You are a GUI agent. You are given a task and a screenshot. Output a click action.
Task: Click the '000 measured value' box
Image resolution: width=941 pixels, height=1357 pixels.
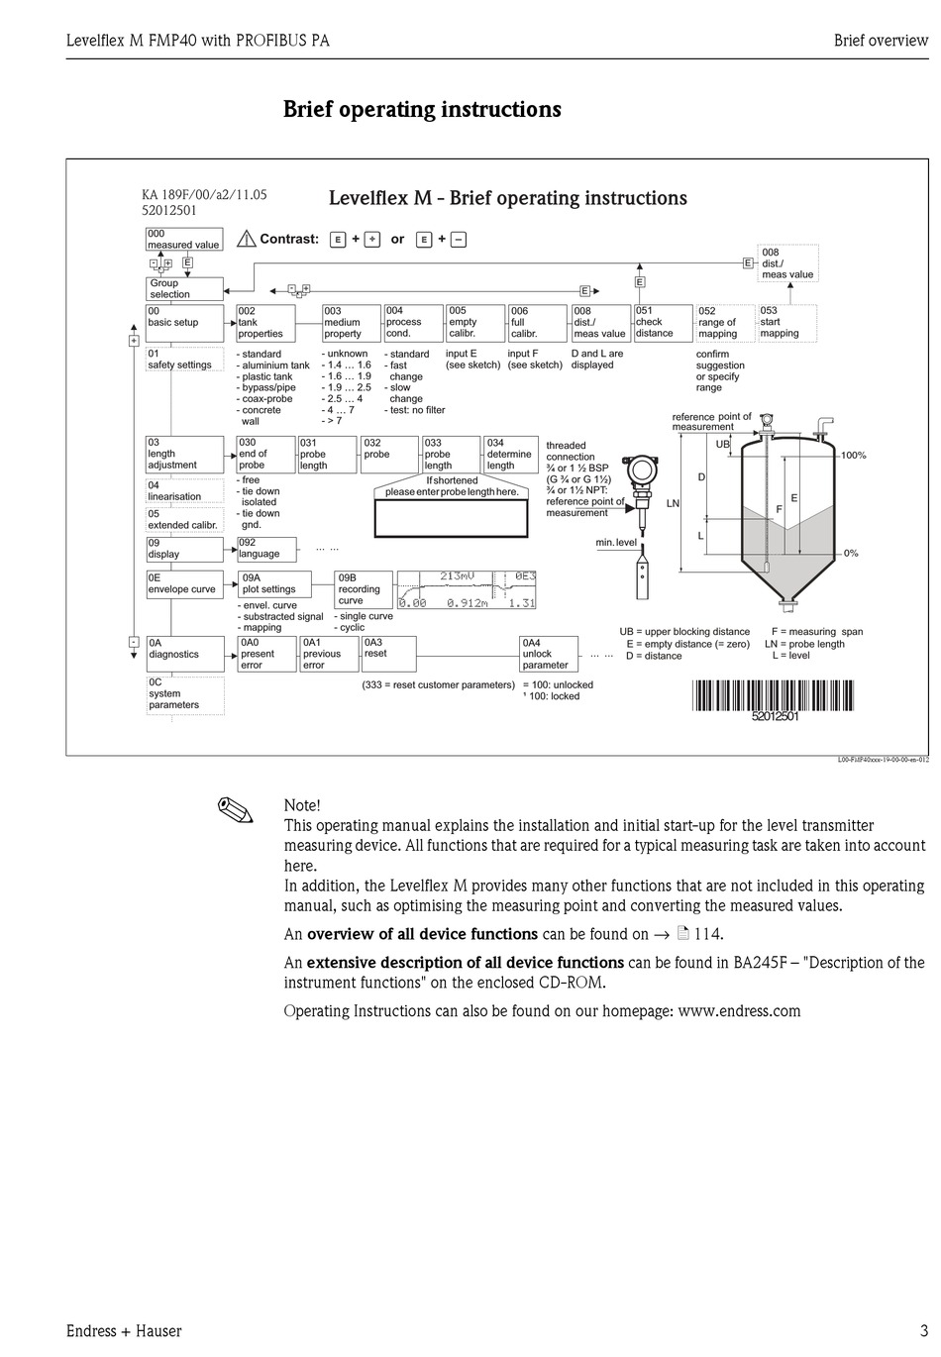pyautogui.click(x=184, y=240)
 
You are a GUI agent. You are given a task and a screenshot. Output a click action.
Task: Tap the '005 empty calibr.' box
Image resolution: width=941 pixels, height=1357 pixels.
pyautogui.click(x=473, y=323)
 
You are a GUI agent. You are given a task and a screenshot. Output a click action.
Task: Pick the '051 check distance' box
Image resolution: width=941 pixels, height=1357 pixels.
pyautogui.click(x=662, y=323)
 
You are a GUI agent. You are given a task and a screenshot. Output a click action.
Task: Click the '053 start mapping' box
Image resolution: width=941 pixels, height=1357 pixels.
pyautogui.click(x=786, y=323)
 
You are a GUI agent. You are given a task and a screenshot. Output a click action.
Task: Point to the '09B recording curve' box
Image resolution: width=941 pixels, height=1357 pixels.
pyautogui.click(x=364, y=589)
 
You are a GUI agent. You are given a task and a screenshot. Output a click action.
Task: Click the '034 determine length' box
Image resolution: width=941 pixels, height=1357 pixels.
pyautogui.click(x=509, y=455)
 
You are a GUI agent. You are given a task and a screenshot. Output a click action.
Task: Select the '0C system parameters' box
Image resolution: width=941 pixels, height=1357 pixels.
pyautogui.click(x=184, y=694)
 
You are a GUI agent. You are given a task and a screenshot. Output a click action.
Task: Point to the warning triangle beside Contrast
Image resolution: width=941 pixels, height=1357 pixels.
pyautogui.click(x=247, y=239)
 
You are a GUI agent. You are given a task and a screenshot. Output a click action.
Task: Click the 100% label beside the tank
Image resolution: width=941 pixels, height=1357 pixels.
pyautogui.click(x=853, y=456)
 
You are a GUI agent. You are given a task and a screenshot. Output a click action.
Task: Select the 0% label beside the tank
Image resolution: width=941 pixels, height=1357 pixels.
pyautogui.click(x=851, y=554)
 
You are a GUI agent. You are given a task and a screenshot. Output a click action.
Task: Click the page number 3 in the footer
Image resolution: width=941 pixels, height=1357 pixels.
pyautogui.click(x=923, y=1331)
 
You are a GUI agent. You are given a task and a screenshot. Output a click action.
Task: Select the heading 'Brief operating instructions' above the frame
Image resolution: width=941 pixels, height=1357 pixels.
pyautogui.click(x=422, y=109)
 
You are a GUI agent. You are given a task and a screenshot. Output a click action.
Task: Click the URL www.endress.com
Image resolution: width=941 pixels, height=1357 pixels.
pyautogui.click(x=739, y=1011)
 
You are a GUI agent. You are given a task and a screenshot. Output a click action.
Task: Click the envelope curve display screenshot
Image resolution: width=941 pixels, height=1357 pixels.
pyautogui.click(x=467, y=589)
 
